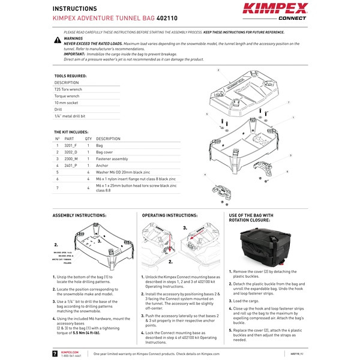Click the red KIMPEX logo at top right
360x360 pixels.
[275, 9]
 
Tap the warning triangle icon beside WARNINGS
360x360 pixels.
[57, 40]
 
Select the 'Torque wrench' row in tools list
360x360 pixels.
[67, 95]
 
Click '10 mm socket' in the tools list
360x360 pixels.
[67, 103]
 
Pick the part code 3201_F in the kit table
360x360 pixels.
[71, 146]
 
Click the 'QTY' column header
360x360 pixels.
[88, 138]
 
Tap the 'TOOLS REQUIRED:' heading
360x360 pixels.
[70, 76]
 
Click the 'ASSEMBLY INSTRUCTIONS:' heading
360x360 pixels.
[79, 214]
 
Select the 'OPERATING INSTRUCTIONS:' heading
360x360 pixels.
[169, 214]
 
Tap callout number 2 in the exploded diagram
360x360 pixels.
[218, 70]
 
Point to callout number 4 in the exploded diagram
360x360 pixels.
[205, 175]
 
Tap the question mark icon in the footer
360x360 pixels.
[56, 354]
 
